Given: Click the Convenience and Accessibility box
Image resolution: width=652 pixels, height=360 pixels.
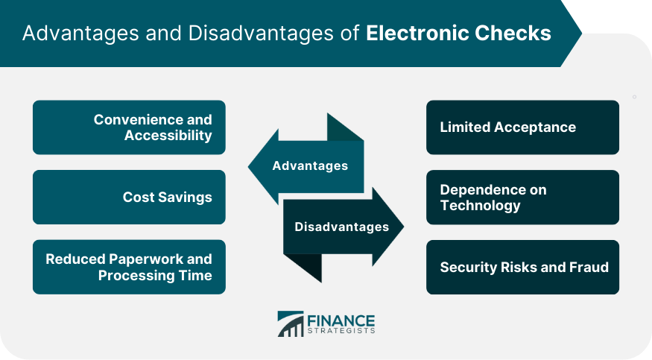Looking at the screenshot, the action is [129, 127].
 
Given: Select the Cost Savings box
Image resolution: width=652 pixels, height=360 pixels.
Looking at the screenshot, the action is [129, 197].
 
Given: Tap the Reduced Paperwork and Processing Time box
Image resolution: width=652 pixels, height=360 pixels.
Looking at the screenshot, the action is [129, 267].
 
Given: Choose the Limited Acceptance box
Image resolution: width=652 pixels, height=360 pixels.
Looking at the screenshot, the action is [522, 127].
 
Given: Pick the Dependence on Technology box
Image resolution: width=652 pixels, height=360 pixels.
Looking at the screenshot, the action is [522, 197].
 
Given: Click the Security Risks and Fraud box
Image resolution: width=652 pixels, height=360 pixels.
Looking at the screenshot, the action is [522, 267].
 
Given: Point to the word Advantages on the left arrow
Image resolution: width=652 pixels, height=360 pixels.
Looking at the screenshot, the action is [310, 166].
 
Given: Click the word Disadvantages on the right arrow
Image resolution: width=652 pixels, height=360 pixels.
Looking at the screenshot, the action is [342, 227].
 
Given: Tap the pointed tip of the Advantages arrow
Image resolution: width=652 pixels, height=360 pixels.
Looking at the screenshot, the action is [249, 167].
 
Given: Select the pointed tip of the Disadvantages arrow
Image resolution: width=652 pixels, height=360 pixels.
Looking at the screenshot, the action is [403, 227].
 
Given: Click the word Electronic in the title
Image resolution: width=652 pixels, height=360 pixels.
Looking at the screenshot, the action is [417, 34].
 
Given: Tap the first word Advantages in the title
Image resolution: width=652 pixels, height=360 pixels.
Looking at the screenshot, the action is [80, 34].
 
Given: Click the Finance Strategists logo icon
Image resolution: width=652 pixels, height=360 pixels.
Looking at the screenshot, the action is [291, 323].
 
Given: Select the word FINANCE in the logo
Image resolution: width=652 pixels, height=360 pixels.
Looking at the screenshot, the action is [341, 321].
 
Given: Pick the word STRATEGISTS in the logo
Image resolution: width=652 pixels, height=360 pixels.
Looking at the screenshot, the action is [341, 331].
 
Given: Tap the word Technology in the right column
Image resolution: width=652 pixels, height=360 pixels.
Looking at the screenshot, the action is [481, 206].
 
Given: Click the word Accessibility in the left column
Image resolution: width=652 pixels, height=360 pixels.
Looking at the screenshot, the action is [168, 136].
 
